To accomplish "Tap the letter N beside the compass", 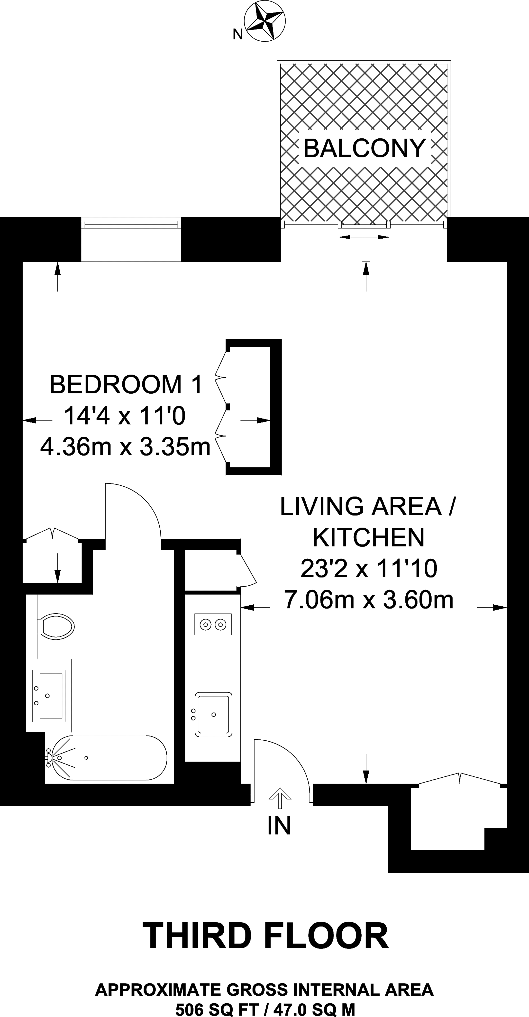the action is [x=237, y=35].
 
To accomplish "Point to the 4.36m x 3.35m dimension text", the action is [x=125, y=447].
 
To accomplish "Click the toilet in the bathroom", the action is [x=56, y=626].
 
